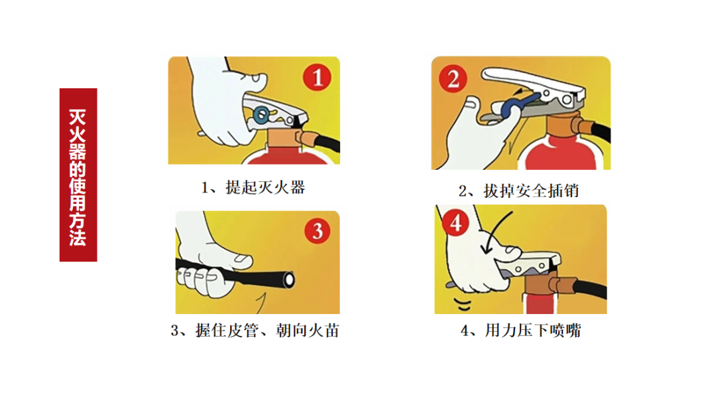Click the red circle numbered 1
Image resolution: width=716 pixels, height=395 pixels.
coord(317,78)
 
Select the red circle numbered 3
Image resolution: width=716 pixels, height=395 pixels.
coord(317,232)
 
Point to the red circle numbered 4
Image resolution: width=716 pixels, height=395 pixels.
coord(455,224)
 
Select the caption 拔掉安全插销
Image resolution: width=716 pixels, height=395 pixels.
coord(519,191)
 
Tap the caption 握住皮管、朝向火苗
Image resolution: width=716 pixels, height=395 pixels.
coord(255,330)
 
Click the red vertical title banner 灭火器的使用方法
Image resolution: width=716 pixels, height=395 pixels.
coord(78,175)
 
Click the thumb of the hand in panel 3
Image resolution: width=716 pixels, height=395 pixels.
coord(237,258)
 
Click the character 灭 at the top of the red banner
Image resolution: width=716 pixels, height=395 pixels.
coord(78,118)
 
